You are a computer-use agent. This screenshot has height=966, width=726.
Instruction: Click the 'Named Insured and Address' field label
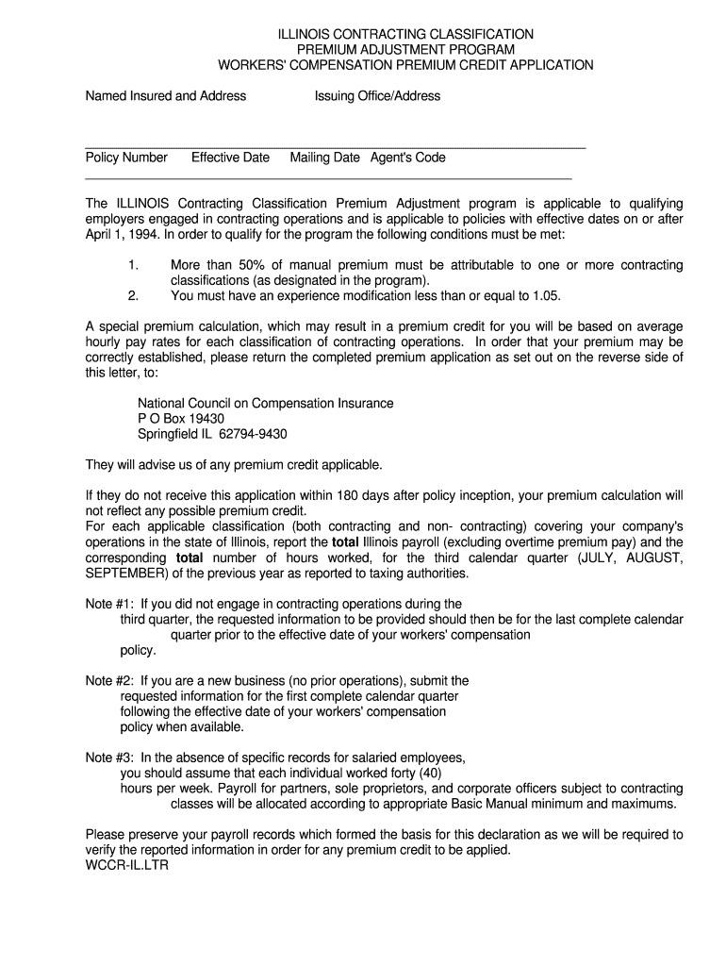[x=166, y=95]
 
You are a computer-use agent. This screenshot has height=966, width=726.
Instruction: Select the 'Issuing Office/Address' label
[x=377, y=95]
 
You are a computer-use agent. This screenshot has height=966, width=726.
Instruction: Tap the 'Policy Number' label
[x=126, y=158]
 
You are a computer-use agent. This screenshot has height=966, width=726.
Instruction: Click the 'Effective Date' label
[x=230, y=158]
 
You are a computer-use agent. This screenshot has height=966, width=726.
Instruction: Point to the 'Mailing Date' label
[x=324, y=158]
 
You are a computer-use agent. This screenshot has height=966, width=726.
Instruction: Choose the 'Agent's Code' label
[x=407, y=158]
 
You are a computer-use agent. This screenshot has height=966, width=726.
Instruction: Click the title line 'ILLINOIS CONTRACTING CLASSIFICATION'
[x=405, y=34]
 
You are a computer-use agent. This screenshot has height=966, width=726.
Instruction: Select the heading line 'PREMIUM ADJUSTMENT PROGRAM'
[x=405, y=49]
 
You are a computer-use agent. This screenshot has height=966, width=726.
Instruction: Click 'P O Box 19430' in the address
[x=181, y=419]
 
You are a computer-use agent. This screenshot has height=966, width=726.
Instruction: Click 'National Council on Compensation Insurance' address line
[x=266, y=404]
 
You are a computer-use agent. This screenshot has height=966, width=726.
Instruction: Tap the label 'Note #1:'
[x=110, y=604]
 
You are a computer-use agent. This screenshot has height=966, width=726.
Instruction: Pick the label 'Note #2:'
[x=110, y=681]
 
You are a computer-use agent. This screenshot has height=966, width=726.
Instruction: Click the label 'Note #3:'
[x=110, y=758]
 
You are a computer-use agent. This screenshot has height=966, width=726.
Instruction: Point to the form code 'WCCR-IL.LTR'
[x=126, y=865]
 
